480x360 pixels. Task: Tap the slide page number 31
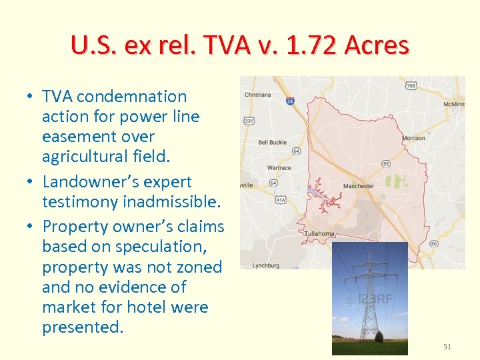pyautogui.click(x=446, y=347)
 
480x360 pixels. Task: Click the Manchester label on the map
pyautogui.click(x=359, y=186)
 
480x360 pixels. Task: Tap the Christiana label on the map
pyautogui.click(x=258, y=95)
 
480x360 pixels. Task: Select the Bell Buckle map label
pyautogui.click(x=272, y=142)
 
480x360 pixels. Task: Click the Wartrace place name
pyautogui.click(x=279, y=168)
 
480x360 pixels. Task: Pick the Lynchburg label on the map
pyautogui.click(x=267, y=265)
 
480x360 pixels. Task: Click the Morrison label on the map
pyautogui.click(x=413, y=139)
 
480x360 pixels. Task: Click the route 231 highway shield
pyautogui.click(x=249, y=121)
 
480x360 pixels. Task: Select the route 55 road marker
pyautogui.click(x=385, y=163)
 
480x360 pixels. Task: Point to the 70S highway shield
pyautogui.click(x=411, y=85)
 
